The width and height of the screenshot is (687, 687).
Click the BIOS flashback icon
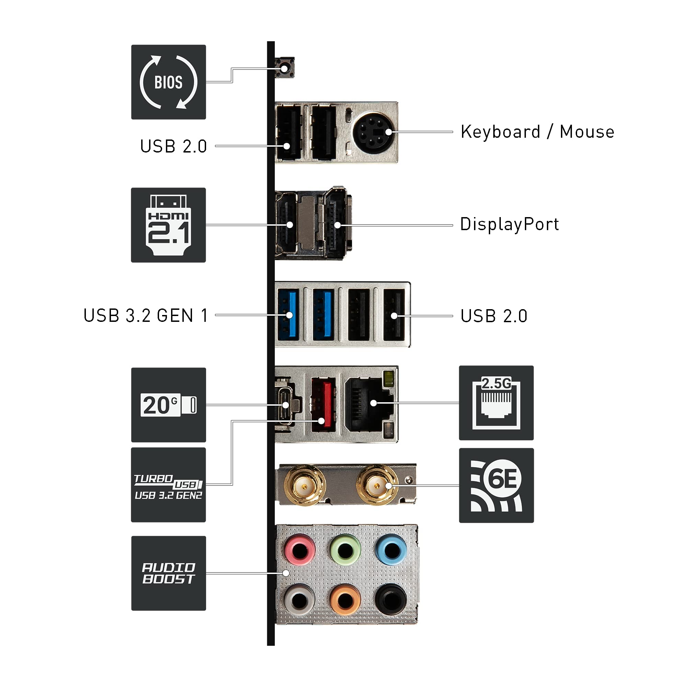point(169,82)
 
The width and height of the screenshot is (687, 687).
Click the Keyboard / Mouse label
point(537,132)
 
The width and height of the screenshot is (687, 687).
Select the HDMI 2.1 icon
point(169,225)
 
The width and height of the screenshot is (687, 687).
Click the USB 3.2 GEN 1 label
point(145,315)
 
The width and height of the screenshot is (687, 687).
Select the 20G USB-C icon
point(169,405)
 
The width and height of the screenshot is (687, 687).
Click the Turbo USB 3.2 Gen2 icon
point(169,485)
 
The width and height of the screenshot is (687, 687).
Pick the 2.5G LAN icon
point(496,403)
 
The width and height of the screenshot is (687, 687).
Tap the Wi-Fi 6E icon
point(496,485)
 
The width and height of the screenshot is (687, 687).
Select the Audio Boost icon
point(169,573)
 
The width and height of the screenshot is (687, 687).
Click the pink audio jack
point(300,550)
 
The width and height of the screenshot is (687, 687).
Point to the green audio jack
point(345,550)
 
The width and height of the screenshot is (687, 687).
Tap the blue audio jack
point(391,550)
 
